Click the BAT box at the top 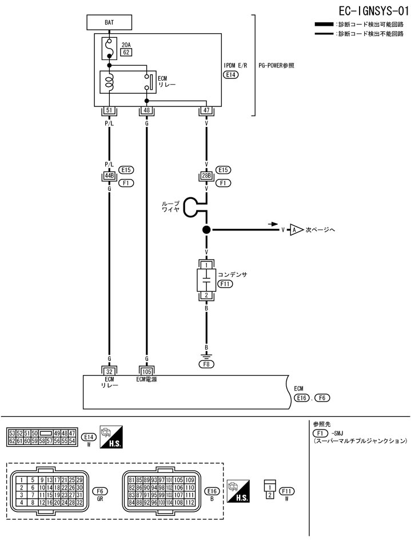point(109,22)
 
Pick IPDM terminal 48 point(147,110)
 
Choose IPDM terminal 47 point(206,110)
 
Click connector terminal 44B point(109,176)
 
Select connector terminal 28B point(206,176)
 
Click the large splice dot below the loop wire point(206,230)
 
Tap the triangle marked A point(295,230)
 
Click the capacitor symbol point(206,280)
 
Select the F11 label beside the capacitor point(225,284)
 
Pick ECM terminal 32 point(109,370)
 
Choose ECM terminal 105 point(147,370)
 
